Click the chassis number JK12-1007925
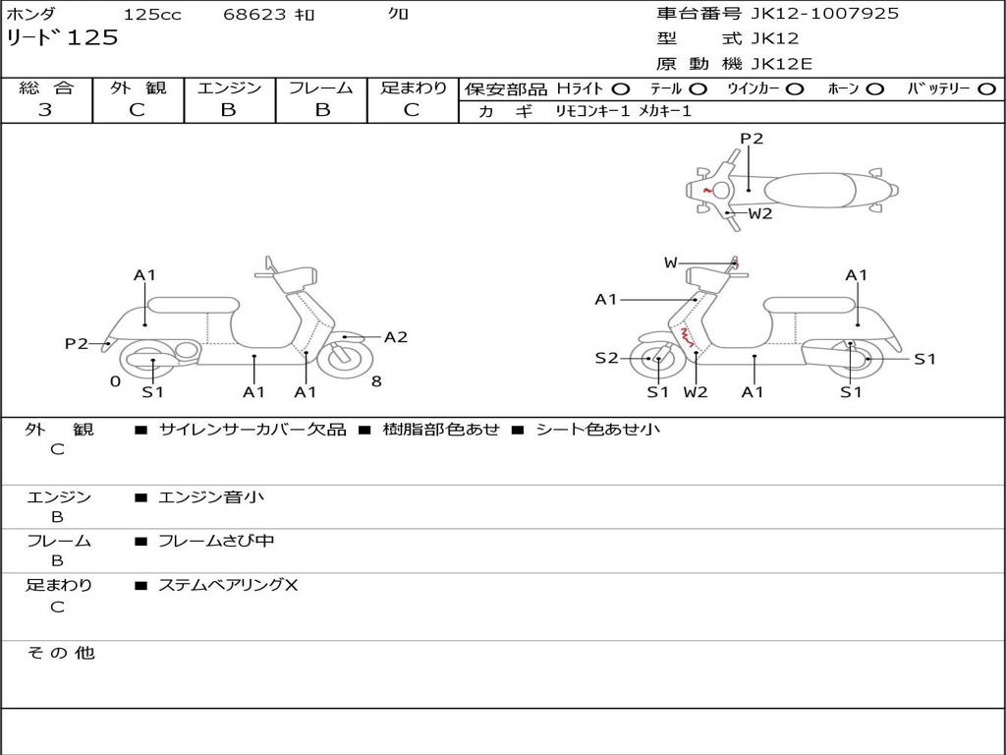[x=810, y=14]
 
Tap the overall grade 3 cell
[x=45, y=110]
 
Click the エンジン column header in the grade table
[x=229, y=88]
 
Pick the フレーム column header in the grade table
[x=320, y=88]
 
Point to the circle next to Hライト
[x=621, y=89]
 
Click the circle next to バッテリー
[x=986, y=89]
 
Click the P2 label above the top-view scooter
[x=752, y=139]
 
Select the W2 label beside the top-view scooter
[x=760, y=213]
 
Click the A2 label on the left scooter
[x=396, y=337]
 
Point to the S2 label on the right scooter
[x=606, y=359]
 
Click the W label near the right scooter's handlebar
[x=670, y=262]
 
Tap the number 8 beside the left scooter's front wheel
[x=376, y=381]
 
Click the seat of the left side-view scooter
[x=194, y=304]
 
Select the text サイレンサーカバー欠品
[x=252, y=430]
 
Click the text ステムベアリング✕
[x=228, y=586]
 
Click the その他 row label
[x=61, y=653]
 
